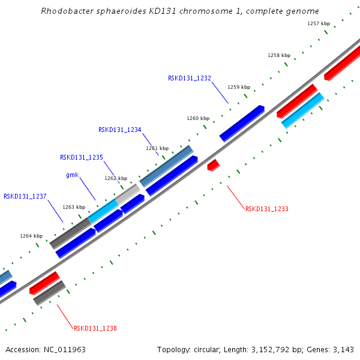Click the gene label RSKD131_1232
190,78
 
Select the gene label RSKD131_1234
120,130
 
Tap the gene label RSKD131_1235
82,157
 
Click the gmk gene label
72,175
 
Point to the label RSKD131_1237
25,196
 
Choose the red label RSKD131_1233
267,209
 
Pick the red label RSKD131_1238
95,328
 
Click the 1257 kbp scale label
319,23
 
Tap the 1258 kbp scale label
279,55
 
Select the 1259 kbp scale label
239,87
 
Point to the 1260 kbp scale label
198,118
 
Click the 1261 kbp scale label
157,148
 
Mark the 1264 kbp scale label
31,236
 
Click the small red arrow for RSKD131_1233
214,165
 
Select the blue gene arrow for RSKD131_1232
242,123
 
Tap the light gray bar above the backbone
127,194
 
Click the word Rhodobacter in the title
67,11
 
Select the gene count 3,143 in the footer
343,349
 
